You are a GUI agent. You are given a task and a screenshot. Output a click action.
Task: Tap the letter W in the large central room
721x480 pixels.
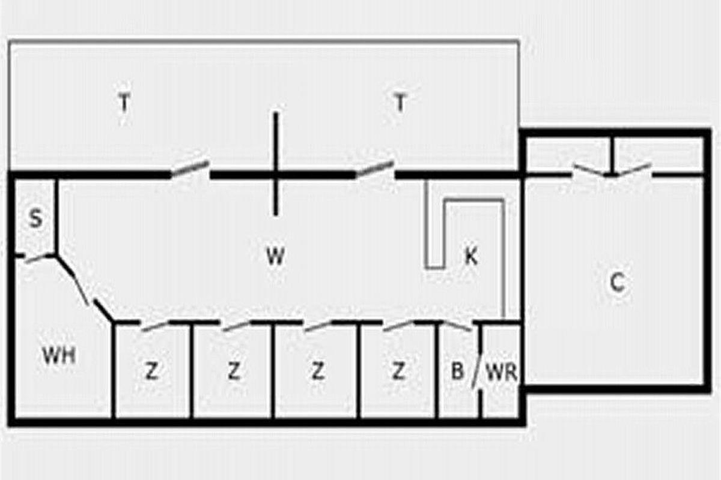276,256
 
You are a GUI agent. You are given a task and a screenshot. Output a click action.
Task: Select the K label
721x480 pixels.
471,256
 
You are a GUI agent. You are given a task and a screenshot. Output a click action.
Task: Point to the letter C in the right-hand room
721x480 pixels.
617,282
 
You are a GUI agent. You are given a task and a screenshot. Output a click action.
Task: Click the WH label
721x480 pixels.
59,355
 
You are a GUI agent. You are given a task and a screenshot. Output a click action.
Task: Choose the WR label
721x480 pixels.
502,373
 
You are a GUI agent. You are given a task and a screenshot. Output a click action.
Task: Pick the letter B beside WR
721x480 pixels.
457,371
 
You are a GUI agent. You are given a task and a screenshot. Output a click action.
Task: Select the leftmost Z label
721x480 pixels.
151,371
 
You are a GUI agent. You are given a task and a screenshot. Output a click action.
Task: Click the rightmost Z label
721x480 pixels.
398,371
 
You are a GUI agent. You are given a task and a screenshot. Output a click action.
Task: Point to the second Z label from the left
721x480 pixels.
234,371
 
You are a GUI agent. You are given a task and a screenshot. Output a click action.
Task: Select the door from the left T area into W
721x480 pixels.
190,169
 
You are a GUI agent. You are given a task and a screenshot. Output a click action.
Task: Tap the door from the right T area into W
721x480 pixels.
374,169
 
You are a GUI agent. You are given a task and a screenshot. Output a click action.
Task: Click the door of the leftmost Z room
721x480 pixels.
154,325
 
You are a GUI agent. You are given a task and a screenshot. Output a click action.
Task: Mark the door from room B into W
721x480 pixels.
457,325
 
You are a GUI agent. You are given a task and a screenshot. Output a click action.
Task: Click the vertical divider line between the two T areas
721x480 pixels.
276,164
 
